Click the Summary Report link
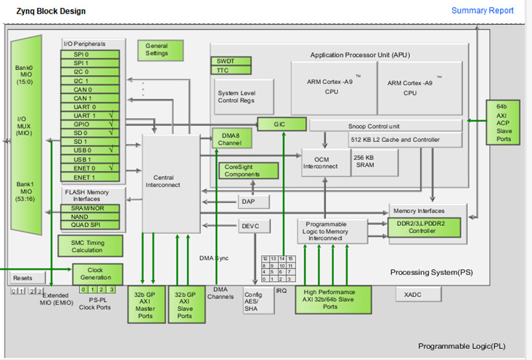click(x=482, y=10)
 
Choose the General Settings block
click(x=157, y=50)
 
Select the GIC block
click(x=281, y=124)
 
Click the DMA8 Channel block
click(x=231, y=139)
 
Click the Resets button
click(x=22, y=278)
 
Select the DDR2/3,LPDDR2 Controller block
click(x=424, y=228)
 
